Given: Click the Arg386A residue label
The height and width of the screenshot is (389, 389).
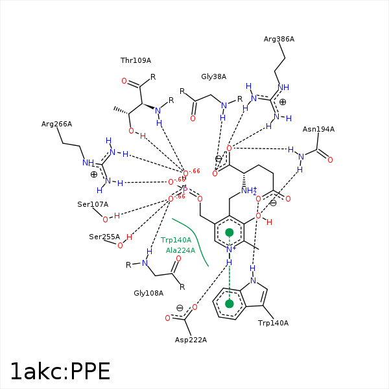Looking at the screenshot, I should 279,40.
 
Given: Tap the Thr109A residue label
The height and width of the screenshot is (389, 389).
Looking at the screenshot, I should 136,60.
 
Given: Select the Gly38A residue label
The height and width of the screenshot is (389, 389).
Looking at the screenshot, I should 213,77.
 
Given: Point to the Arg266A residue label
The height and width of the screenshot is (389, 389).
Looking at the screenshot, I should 56,124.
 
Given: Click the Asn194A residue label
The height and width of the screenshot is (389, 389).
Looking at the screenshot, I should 318,129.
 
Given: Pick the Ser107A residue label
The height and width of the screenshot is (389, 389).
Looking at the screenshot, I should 93,204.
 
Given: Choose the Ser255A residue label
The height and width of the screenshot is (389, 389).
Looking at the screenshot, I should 104,237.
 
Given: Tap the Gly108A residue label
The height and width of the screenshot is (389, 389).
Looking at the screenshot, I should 148,293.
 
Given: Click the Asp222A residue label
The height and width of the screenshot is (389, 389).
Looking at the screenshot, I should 191,340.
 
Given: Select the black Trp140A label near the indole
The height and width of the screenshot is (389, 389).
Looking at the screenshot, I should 273,323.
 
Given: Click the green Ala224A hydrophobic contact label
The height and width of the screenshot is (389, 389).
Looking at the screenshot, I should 180,250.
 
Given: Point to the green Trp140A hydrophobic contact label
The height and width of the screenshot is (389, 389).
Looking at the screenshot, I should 176,240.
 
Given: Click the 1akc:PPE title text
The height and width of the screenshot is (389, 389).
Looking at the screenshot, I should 60,371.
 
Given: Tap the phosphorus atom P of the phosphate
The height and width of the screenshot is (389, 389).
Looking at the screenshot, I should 185,190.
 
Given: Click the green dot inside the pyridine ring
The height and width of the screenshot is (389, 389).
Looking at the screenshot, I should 229,232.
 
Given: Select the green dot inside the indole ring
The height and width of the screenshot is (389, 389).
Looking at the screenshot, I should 229,303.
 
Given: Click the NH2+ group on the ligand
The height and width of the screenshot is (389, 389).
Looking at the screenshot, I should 248,191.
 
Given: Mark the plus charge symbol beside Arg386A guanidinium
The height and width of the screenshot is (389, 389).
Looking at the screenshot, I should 283,102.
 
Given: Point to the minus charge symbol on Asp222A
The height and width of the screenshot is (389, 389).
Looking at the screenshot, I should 180,307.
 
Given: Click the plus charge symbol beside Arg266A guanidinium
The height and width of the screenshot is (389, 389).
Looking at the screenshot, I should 94,174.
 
